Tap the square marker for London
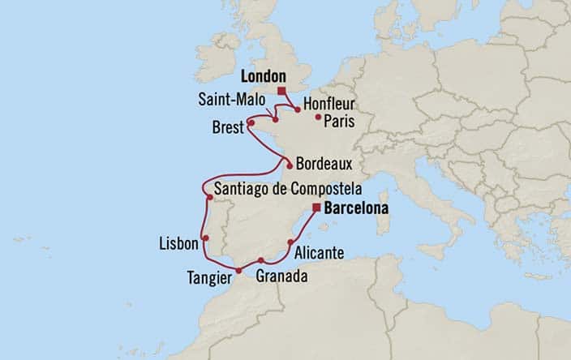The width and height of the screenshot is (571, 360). click(x=281, y=91)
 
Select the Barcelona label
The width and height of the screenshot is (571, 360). click(x=355, y=208)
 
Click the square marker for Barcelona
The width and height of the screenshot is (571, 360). click(x=316, y=208)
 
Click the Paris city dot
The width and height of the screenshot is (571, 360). click(x=318, y=117)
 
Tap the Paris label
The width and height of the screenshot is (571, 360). click(x=339, y=122)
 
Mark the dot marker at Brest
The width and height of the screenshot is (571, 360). click(x=251, y=123)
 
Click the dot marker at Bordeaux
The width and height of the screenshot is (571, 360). click(x=289, y=165)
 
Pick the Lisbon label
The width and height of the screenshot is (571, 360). click(x=179, y=243)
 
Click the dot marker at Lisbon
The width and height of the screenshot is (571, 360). click(x=206, y=238)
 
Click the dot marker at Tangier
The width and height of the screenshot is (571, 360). click(x=238, y=270)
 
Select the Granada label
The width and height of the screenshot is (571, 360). click(x=281, y=276)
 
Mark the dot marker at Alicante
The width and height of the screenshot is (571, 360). click(x=290, y=242)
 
